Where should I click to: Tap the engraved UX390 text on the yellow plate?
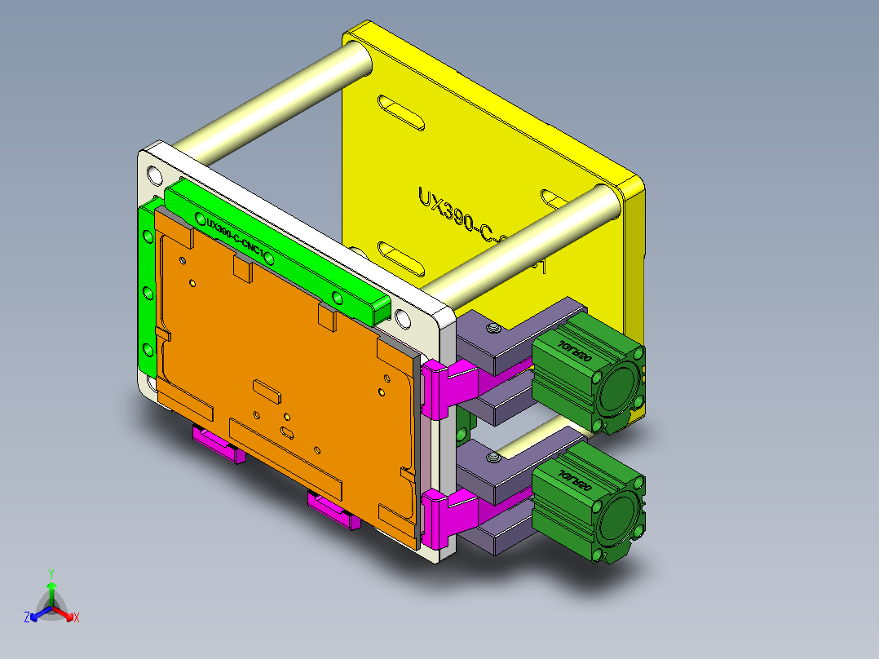point(457,216)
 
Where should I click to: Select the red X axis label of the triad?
point(76,617)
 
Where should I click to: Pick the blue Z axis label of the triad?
point(27,617)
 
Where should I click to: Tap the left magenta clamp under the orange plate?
point(218,445)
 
